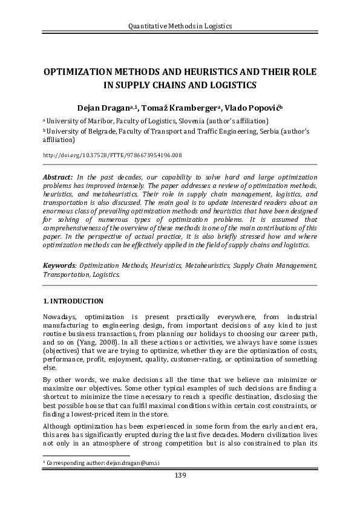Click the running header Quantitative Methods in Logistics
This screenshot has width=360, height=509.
180,26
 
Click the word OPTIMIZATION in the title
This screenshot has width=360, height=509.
80,71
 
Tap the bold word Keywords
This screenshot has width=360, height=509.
60,265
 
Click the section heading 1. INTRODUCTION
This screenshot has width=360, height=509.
73,301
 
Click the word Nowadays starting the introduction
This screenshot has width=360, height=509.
61,316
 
